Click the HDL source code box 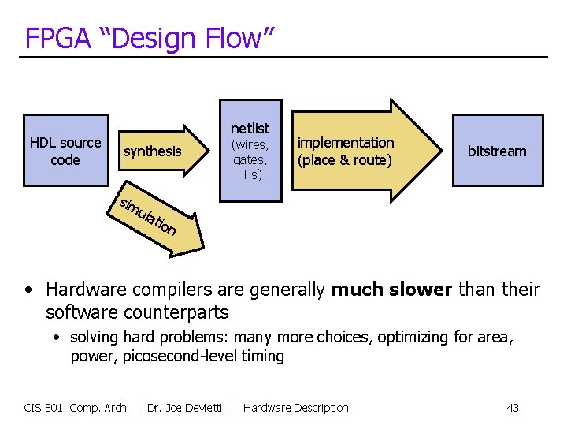pyautogui.click(x=65, y=151)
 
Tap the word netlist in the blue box pyautogui.click(x=250, y=128)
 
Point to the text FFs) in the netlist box pyautogui.click(x=249, y=174)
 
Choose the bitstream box pyautogui.click(x=497, y=151)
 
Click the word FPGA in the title pyautogui.click(x=54, y=37)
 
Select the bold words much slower pyautogui.click(x=391, y=290)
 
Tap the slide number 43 pyautogui.click(x=513, y=408)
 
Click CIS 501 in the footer pyautogui.click(x=44, y=408)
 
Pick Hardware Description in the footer pyautogui.click(x=296, y=408)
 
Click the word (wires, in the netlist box pyautogui.click(x=249, y=144)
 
